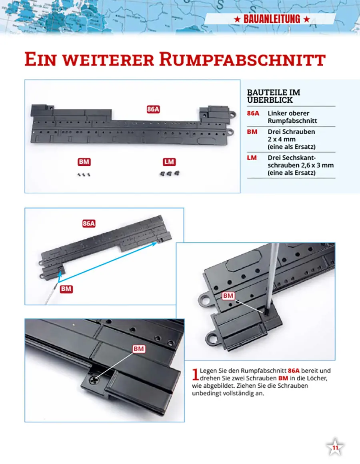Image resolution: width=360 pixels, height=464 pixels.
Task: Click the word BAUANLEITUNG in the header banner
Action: coord(272,19)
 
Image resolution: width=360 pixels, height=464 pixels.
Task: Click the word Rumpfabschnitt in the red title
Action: coord(242,60)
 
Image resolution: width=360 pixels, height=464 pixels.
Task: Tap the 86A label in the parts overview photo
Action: coord(153,109)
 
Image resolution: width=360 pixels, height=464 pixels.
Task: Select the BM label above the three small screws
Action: coord(84,162)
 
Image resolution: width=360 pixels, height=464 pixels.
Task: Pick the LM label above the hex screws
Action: coord(169,162)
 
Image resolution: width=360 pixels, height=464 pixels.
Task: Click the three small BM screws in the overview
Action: coord(84,175)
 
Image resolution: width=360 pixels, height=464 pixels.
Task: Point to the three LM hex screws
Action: coord(169,173)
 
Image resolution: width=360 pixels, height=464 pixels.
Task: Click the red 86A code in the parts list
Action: coord(253,114)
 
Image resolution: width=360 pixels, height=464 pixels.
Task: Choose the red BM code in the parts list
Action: coord(252,131)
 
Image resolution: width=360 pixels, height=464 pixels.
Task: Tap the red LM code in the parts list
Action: coord(252,158)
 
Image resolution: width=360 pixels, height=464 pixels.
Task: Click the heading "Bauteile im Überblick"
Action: coord(274,96)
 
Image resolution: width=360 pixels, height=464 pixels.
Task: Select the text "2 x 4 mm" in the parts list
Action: coord(282,139)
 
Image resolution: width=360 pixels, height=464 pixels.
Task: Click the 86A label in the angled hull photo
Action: coord(89,223)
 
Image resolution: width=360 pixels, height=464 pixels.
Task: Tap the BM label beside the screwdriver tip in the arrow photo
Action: coord(66,289)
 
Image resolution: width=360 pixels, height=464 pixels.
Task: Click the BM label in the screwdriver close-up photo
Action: coord(228,296)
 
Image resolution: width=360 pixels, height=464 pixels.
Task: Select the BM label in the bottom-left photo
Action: coord(138,349)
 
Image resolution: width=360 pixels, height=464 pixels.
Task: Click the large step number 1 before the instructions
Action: coord(195,374)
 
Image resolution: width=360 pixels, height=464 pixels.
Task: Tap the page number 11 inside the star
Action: coord(335,448)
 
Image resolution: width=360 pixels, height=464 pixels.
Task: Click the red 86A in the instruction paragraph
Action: coord(294,370)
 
